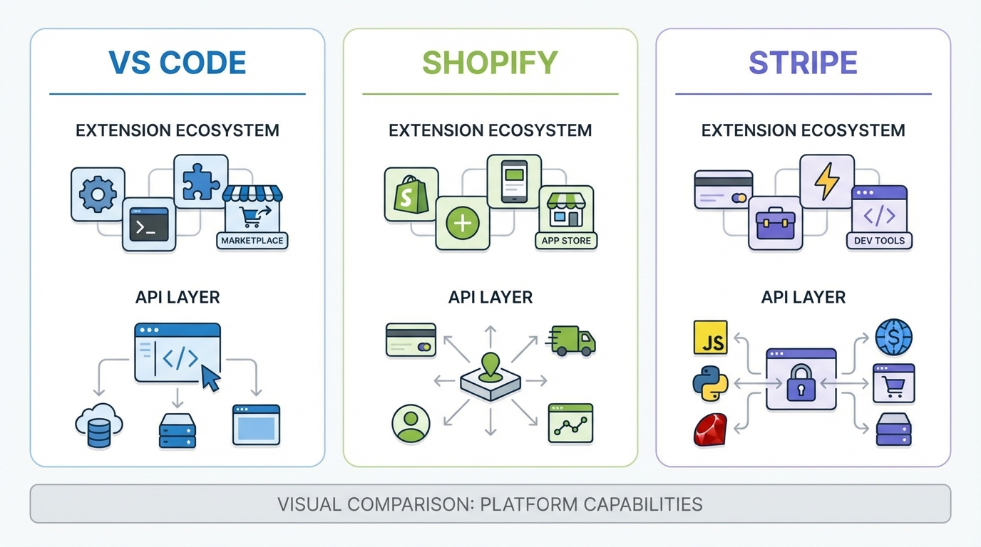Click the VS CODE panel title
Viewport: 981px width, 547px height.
177,63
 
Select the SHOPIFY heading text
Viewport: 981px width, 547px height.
490,63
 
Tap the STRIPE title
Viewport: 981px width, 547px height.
803,63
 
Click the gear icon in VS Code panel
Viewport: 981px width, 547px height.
98,194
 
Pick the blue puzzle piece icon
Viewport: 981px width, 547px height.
201,181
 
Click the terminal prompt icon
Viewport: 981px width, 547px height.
149,224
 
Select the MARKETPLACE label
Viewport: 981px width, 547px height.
252,241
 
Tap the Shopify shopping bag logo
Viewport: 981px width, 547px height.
411,194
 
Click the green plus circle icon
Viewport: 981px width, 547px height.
463,224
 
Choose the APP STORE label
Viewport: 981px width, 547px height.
565,241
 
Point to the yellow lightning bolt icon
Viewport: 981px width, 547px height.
827,181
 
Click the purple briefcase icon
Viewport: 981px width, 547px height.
775,224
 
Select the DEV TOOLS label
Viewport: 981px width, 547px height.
879,241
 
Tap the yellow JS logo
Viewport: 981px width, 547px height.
710,338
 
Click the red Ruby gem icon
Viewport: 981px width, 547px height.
710,430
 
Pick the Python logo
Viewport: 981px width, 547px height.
710,384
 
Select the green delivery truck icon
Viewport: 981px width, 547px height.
572,340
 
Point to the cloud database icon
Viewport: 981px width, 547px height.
99,425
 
